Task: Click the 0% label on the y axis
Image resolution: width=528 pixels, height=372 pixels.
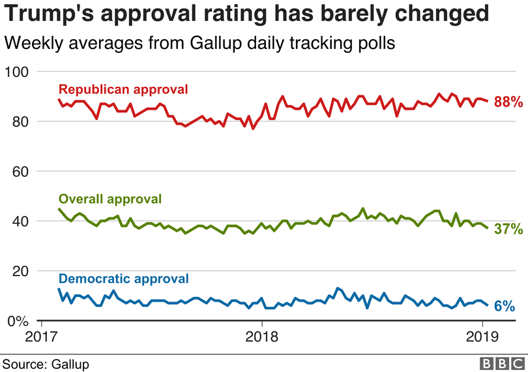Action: [18, 321]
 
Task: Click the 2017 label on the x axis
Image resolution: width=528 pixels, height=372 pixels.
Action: [41, 339]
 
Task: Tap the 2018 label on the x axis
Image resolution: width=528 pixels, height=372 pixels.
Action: [261, 339]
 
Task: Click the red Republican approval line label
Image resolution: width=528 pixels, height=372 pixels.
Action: [123, 89]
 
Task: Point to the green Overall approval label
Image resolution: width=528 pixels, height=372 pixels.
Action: [110, 198]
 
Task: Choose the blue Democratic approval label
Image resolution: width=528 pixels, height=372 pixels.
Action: [123, 279]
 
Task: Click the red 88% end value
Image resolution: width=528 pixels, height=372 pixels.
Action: [508, 102]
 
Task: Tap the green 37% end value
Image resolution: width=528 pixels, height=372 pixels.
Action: [508, 229]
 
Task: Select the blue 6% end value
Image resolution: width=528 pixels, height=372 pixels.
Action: [504, 306]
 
